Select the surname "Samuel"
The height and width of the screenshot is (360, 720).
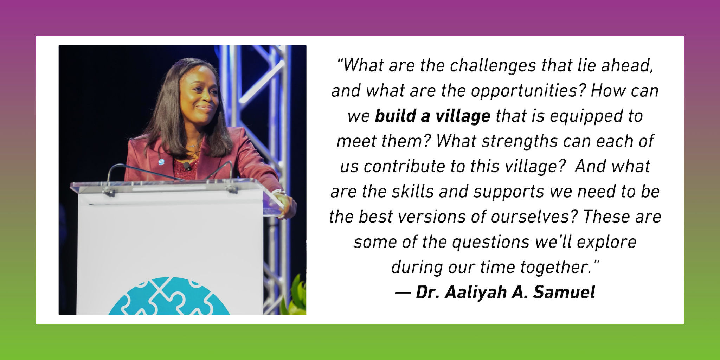(564, 292)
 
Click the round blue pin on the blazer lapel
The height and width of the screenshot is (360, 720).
(161, 162)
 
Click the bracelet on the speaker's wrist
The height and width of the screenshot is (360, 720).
(278, 192)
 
